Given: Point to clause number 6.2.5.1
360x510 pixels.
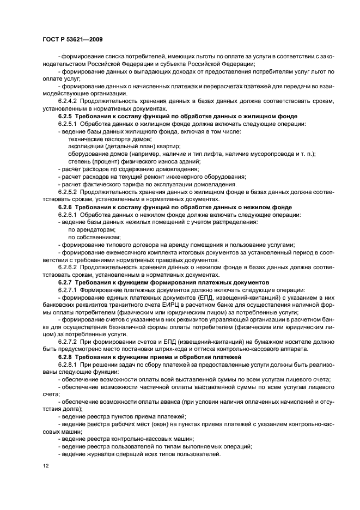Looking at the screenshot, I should pos(69,124).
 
